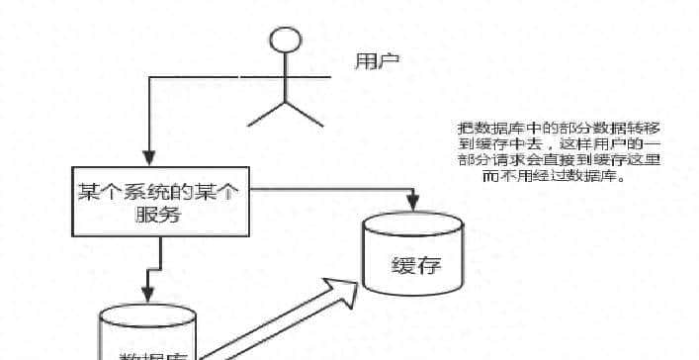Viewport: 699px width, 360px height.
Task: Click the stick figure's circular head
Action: click(x=286, y=43)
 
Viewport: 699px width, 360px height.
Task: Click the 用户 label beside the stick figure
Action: click(x=377, y=60)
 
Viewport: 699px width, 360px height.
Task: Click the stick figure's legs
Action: click(x=286, y=113)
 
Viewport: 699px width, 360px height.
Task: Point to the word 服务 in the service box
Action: click(x=158, y=216)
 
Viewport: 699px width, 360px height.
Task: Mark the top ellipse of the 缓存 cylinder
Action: click(x=414, y=224)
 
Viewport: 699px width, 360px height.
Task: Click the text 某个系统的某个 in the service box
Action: click(x=158, y=193)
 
